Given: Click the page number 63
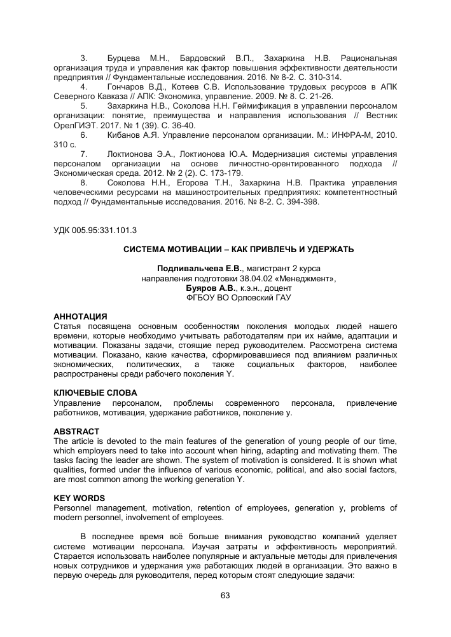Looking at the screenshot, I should click(x=225, y=595).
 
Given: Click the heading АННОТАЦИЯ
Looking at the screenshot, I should click(x=80, y=316).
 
